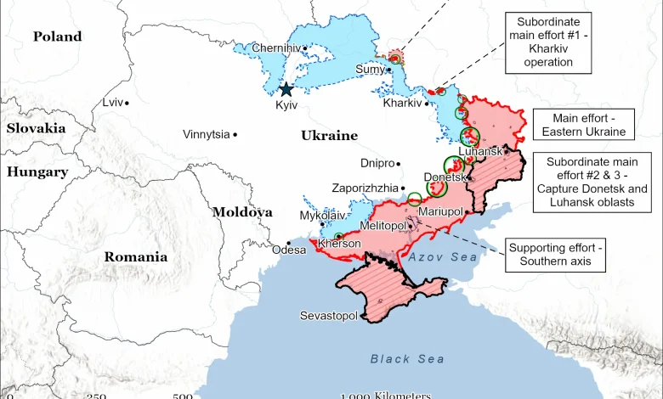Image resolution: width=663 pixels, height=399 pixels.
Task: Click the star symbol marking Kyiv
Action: pos(286,89)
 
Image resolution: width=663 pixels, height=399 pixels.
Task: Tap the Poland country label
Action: pos(57,37)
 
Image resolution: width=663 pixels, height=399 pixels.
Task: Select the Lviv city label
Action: pos(112,102)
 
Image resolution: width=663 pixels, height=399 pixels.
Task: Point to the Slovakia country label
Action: pos(36,127)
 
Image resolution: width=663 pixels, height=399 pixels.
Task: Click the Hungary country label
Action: pos(37,171)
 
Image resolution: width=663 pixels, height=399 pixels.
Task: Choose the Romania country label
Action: pos(136,256)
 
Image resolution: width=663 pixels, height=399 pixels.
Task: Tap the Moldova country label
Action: pos(242,212)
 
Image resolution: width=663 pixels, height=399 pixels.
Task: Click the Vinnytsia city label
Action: pos(206,134)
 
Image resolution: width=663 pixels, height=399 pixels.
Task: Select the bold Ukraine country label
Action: pos(329,136)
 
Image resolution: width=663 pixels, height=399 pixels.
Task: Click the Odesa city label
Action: pos(288,250)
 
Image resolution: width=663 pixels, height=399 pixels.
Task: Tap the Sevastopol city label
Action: pos(329,316)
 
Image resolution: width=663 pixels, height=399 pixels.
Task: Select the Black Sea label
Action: pos(407,359)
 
